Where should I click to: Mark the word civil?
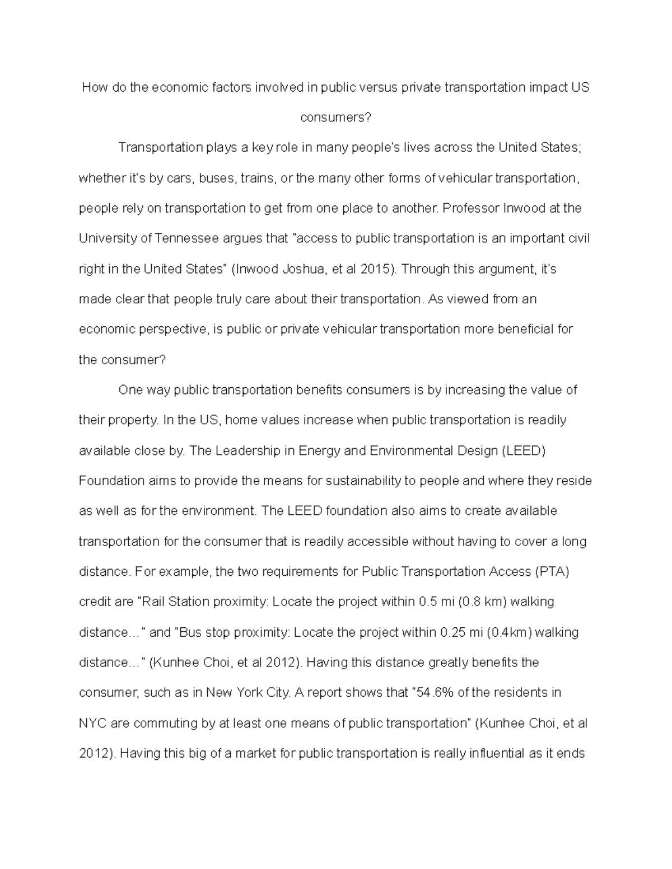point(577,239)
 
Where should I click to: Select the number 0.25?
point(453,632)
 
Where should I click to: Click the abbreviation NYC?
point(92,724)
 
